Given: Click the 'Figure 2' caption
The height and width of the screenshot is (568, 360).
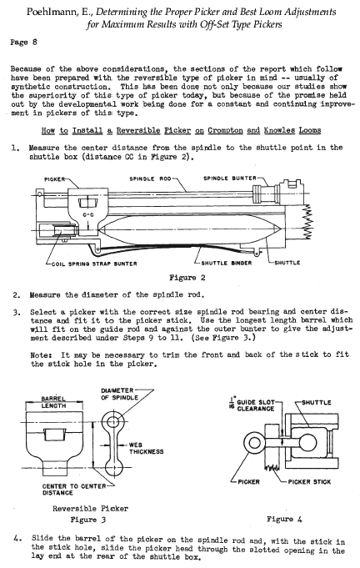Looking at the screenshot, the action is coord(187,278).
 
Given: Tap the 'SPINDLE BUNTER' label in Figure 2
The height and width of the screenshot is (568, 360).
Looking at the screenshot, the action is coord(230,178).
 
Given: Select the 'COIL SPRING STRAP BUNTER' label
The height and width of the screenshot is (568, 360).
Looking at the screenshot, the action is coord(94,264).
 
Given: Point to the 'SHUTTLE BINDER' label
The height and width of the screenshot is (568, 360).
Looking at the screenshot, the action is coord(226,263).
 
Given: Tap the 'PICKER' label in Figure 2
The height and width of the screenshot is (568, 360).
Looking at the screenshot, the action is coord(55,179).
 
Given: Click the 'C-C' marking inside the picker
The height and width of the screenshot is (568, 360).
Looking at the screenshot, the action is coord(88,215).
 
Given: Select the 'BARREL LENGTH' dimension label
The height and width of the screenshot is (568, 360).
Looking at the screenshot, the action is coord(53,402).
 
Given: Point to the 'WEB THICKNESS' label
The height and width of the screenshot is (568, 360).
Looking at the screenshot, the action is coord(146,448).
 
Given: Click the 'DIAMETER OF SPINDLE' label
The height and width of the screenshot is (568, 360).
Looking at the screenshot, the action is coord(119,394).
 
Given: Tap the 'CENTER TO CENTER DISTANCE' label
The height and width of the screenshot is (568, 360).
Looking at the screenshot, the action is coord(74,490).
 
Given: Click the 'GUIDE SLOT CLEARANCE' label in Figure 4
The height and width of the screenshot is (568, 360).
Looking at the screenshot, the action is coord(256,405).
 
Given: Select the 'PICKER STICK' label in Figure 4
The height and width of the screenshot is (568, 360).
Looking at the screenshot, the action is coord(309,482).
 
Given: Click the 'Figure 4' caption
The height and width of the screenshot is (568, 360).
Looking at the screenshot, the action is coord(284,519).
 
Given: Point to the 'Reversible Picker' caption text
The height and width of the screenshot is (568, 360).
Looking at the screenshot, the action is coord(90,508).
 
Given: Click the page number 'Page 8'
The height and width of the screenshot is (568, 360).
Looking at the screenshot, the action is coord(23,42).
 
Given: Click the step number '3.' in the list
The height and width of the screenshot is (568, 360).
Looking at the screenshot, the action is coord(17,313).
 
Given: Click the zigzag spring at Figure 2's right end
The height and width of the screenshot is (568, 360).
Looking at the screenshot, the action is coord(307,222).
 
